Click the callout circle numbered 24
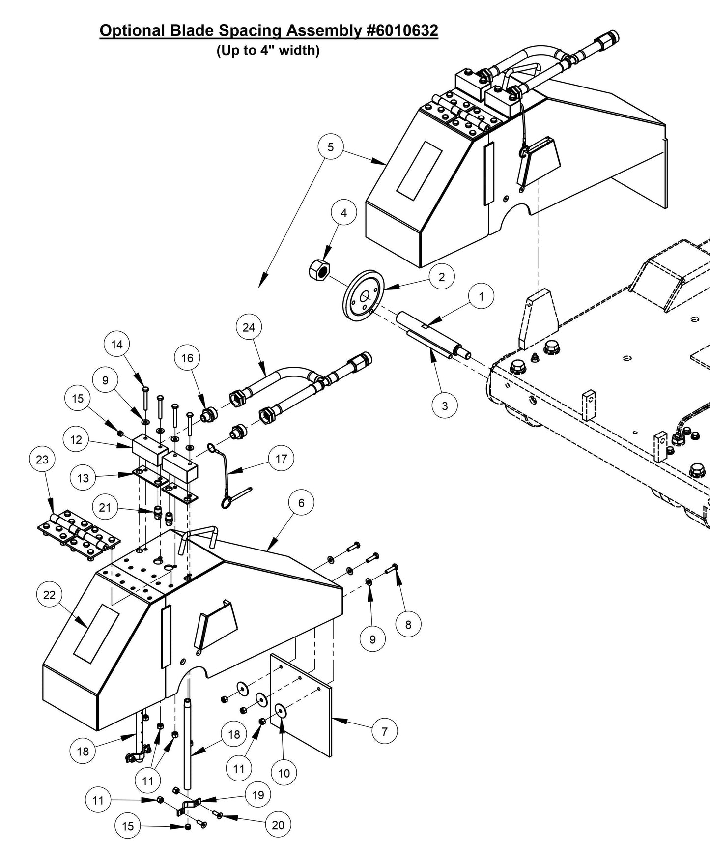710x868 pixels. [x=249, y=327]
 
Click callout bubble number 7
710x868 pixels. [x=384, y=731]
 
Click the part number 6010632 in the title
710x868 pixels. [x=402, y=30]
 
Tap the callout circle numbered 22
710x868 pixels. [x=50, y=595]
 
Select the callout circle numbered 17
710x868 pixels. [x=281, y=459]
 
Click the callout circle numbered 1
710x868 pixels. [x=481, y=296]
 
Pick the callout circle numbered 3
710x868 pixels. [x=445, y=405]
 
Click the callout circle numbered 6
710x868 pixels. [x=301, y=503]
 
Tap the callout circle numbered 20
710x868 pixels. [x=278, y=825]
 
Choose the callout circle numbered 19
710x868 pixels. [x=258, y=795]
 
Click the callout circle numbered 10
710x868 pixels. [x=284, y=773]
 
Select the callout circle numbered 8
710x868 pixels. [x=408, y=625]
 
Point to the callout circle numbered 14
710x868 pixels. [x=117, y=345]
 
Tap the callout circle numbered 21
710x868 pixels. [x=105, y=507]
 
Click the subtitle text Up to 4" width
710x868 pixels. [x=268, y=50]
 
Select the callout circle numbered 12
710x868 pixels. [x=76, y=440]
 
